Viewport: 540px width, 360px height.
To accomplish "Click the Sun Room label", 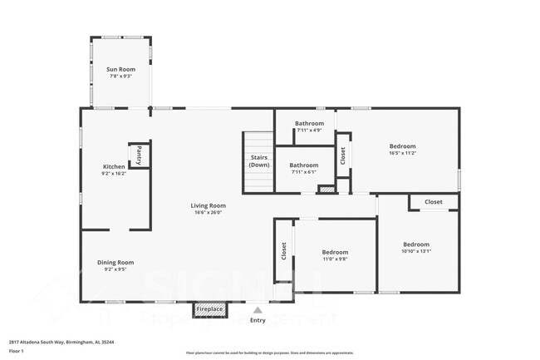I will [x=121, y=69].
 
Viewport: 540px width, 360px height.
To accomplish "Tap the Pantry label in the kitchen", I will [x=140, y=155].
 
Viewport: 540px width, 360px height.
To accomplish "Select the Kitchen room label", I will [x=113, y=166].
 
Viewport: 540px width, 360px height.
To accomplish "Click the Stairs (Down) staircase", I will [x=259, y=160].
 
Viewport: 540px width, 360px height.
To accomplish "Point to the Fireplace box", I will [x=209, y=309].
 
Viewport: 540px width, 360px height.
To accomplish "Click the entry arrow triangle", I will [x=258, y=309].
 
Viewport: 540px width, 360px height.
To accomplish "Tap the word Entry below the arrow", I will [x=258, y=320].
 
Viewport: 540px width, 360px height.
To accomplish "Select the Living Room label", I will [x=208, y=205].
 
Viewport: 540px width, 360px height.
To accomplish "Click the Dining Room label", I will [x=115, y=262].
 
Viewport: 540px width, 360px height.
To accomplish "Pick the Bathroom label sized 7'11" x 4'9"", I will [x=309, y=123].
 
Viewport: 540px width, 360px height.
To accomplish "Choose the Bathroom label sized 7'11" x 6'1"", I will [x=304, y=165].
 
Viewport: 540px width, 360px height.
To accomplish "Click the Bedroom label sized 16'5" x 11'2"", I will [x=402, y=146].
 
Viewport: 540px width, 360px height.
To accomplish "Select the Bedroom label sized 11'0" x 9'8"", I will [x=335, y=252].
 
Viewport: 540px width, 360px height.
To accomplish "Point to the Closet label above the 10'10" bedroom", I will [x=434, y=202].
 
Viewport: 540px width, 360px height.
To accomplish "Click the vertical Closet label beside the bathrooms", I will [x=342, y=155].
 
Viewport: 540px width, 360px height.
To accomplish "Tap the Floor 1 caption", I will [x=17, y=352].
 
